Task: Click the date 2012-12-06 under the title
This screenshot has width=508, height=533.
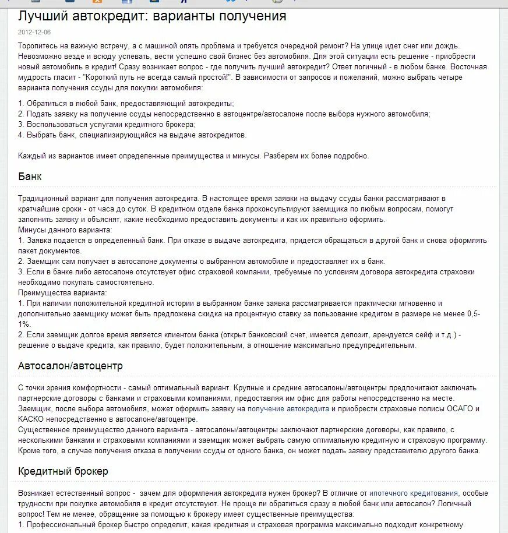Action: [34, 32]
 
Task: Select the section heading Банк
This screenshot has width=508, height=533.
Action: [30, 177]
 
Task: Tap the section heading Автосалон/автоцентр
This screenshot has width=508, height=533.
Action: [70, 366]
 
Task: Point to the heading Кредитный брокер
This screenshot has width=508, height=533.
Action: [63, 471]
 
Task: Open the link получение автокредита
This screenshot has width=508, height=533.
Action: [288, 409]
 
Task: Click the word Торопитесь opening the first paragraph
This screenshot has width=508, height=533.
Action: [38, 45]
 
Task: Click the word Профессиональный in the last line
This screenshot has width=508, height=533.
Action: [62, 524]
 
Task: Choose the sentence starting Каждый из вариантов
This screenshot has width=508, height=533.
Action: [193, 156]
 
